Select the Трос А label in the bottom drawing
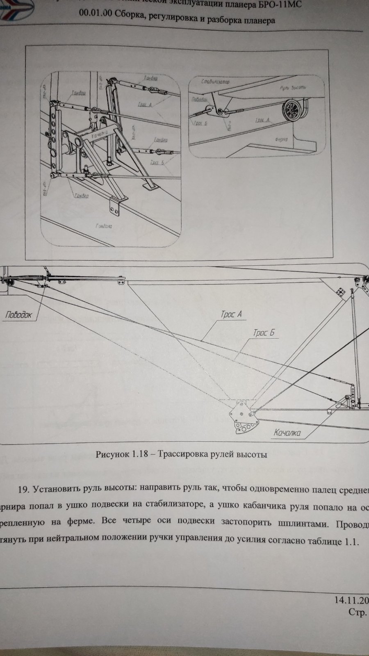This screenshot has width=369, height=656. click(231, 314)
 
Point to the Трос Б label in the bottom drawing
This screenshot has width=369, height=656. click(263, 333)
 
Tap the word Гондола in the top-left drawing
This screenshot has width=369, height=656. click(105, 226)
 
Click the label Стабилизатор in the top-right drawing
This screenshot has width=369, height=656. click(216, 82)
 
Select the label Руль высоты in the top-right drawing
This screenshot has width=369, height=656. click(291, 88)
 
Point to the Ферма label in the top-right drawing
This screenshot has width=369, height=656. click(282, 139)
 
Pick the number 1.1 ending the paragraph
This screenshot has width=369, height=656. click(352, 541)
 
